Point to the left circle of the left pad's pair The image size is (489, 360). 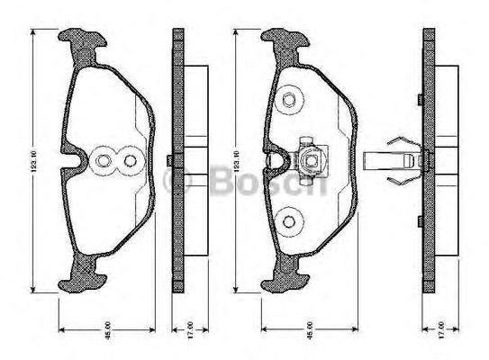click(104, 162)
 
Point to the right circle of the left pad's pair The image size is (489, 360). click(130, 162)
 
